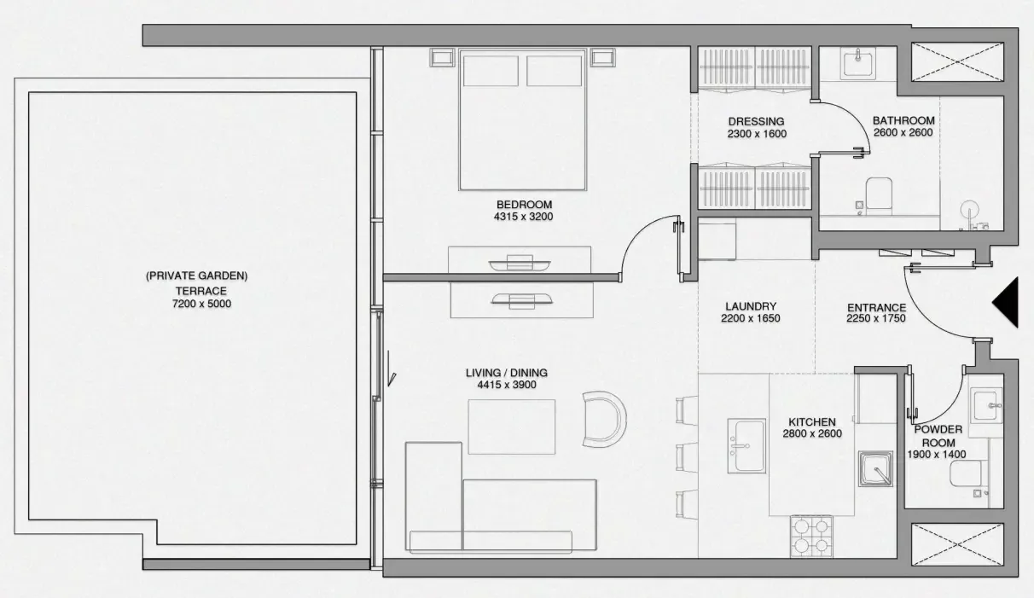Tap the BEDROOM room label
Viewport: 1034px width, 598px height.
(524, 205)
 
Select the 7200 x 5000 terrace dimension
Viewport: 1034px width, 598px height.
(201, 304)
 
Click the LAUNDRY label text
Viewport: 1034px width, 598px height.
(751, 306)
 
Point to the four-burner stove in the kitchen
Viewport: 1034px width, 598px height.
(811, 537)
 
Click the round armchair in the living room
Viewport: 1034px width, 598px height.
(605, 419)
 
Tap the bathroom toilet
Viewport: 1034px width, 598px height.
(879, 196)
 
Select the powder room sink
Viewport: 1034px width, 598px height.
(986, 405)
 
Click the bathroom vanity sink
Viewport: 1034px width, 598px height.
(858, 63)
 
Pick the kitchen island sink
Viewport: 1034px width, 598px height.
(746, 446)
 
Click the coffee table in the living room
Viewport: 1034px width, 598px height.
(512, 427)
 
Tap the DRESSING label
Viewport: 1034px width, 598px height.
(756, 121)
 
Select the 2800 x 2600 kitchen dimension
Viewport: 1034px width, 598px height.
(812, 433)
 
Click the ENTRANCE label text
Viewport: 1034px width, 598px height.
(876, 307)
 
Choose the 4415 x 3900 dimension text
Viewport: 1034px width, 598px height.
(507, 385)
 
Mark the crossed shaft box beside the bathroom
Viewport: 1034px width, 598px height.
(957, 61)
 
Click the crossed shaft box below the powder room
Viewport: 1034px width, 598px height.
(957, 544)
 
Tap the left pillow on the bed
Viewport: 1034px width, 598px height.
(491, 71)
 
